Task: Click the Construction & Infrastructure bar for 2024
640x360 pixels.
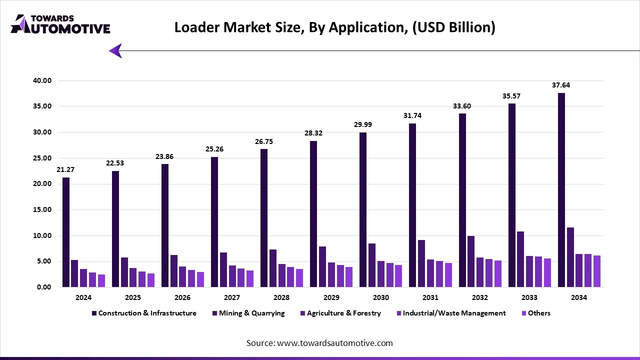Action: pos(66,232)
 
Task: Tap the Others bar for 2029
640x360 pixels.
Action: pos(349,277)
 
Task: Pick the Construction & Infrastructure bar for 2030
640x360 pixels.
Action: pos(363,210)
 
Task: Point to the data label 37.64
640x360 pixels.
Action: pos(561,85)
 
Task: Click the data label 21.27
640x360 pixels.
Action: pos(65,170)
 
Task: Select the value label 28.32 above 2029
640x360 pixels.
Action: pos(313,133)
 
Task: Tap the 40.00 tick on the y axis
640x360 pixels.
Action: pos(41,80)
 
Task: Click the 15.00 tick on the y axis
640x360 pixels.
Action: pos(41,210)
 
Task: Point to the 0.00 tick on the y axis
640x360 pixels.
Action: pos(43,287)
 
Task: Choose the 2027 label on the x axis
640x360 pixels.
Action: pos(231,297)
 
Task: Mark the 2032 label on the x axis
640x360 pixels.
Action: pos(479,297)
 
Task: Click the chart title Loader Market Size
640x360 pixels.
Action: pos(334,27)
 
